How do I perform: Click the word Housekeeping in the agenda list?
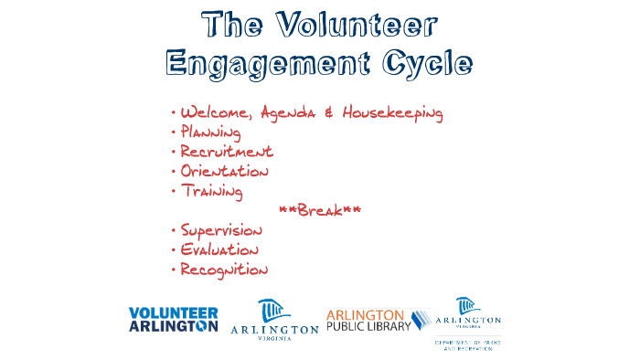point(392,113)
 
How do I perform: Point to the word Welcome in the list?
point(218,113)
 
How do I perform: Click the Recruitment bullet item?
point(226,152)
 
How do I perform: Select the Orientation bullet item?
point(224,172)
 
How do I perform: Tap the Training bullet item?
point(211,191)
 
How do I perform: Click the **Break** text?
point(319,211)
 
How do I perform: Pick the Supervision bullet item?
point(220,230)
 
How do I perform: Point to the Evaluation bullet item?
point(219,250)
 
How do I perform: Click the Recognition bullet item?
point(224,270)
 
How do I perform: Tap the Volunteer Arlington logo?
point(174,319)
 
